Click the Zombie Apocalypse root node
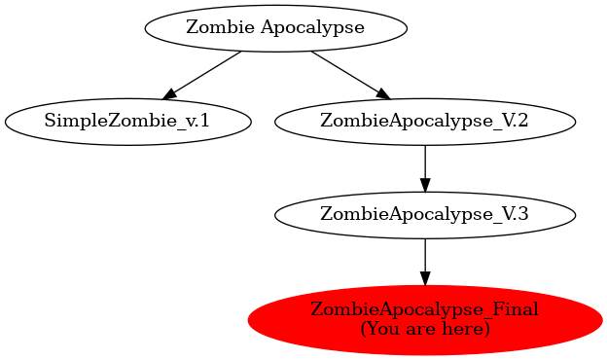coord(275,27)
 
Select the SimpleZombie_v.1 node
coord(127,122)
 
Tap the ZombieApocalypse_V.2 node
coord(424,122)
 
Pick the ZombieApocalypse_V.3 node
coord(424,215)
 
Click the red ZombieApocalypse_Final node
coord(424,319)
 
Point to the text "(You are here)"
coord(424,329)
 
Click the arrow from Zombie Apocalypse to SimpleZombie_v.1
coord(203,74)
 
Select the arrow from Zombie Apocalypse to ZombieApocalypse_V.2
coord(348,74)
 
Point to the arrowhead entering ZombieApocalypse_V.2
coord(382,93)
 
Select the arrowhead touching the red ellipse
coord(424,277)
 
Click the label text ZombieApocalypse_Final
coord(424,310)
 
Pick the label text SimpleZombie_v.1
coord(127,122)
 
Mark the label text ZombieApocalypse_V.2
coord(424,122)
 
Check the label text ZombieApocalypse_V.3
coord(424,215)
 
